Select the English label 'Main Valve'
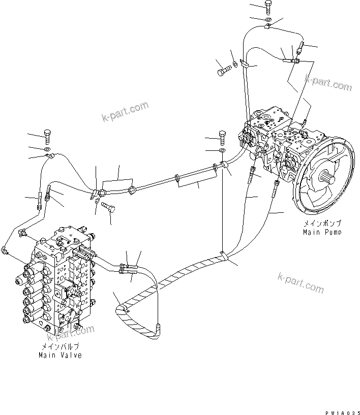[60, 356]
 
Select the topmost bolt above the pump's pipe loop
[268, 7]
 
